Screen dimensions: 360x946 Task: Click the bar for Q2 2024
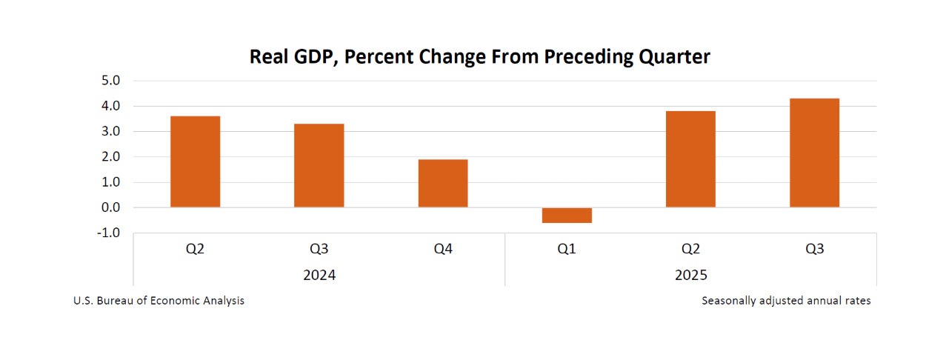[195, 161]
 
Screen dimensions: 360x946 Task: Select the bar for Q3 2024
[319, 165]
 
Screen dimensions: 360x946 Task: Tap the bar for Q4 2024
[443, 183]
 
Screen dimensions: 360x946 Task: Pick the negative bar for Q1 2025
[567, 216]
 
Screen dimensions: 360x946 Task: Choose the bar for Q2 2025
[690, 159]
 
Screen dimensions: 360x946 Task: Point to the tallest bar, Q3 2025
[814, 153]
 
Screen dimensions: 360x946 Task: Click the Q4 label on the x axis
[443, 250]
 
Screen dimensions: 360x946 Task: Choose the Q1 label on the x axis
[567, 250]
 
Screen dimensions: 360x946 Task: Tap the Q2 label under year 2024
[195, 250]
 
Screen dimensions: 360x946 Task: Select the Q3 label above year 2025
[814, 250]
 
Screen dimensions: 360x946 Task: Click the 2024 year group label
[319, 275]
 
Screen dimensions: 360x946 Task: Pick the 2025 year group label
[690, 275]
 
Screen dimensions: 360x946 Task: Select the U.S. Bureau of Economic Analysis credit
[159, 301]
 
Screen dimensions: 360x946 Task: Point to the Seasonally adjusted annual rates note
[786, 301]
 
